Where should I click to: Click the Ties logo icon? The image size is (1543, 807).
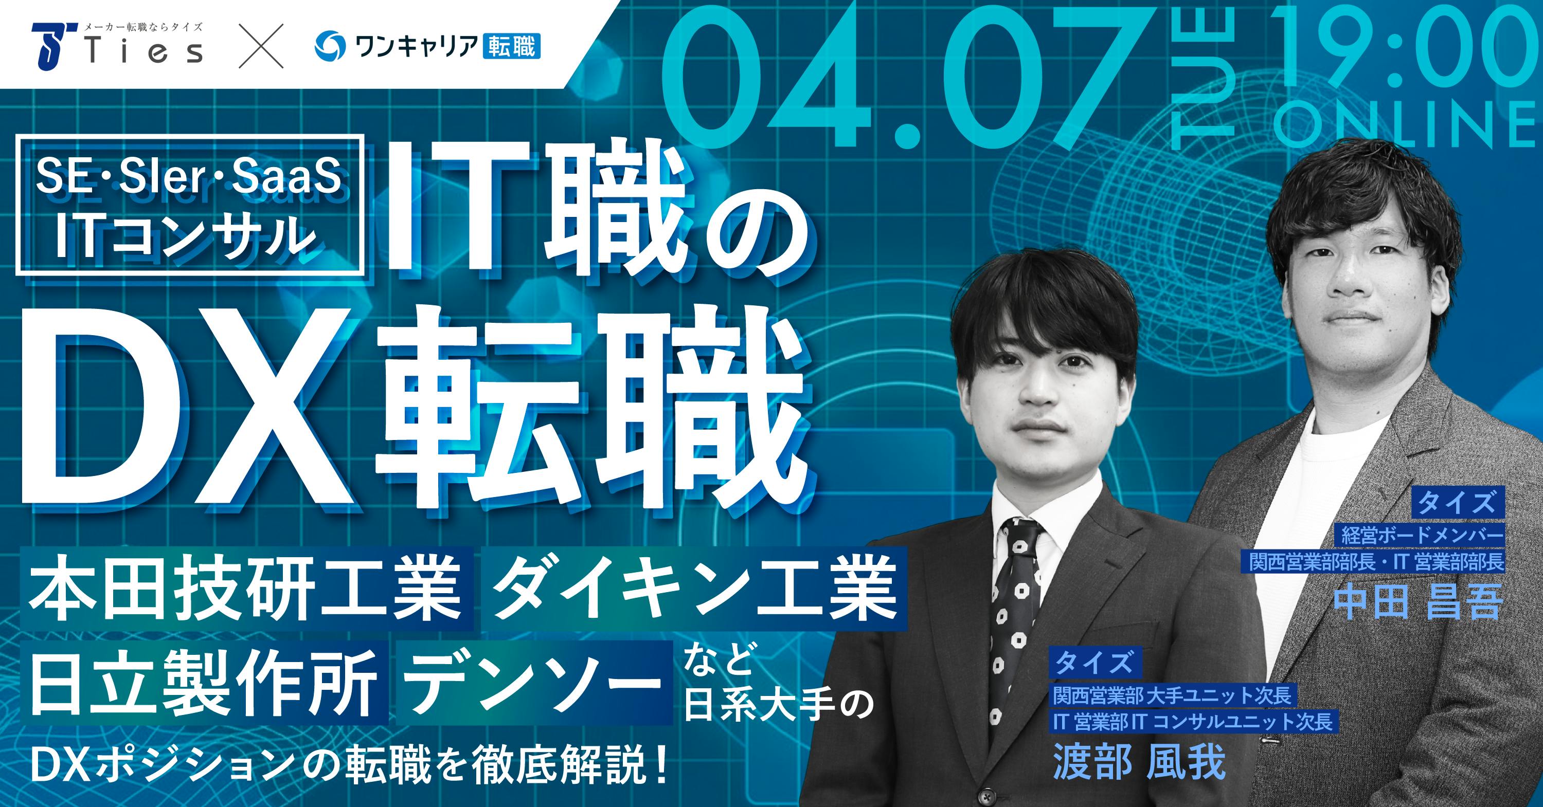click(56, 45)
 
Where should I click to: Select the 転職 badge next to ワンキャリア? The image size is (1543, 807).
click(511, 47)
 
